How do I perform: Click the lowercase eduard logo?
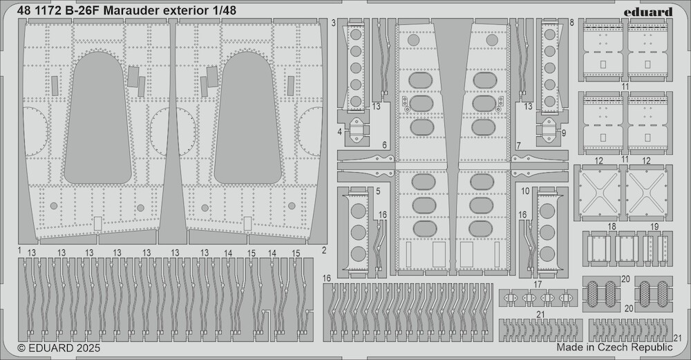(x=652, y=11)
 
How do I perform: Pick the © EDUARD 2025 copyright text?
(x=59, y=348)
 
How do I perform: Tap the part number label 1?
(x=20, y=249)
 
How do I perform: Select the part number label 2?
(x=324, y=249)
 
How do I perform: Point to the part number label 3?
(x=334, y=23)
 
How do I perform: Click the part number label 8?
(x=573, y=23)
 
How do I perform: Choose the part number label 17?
(x=538, y=285)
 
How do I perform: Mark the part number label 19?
(x=654, y=227)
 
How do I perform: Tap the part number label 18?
(x=612, y=227)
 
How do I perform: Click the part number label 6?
(x=384, y=145)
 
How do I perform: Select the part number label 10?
(x=526, y=190)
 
